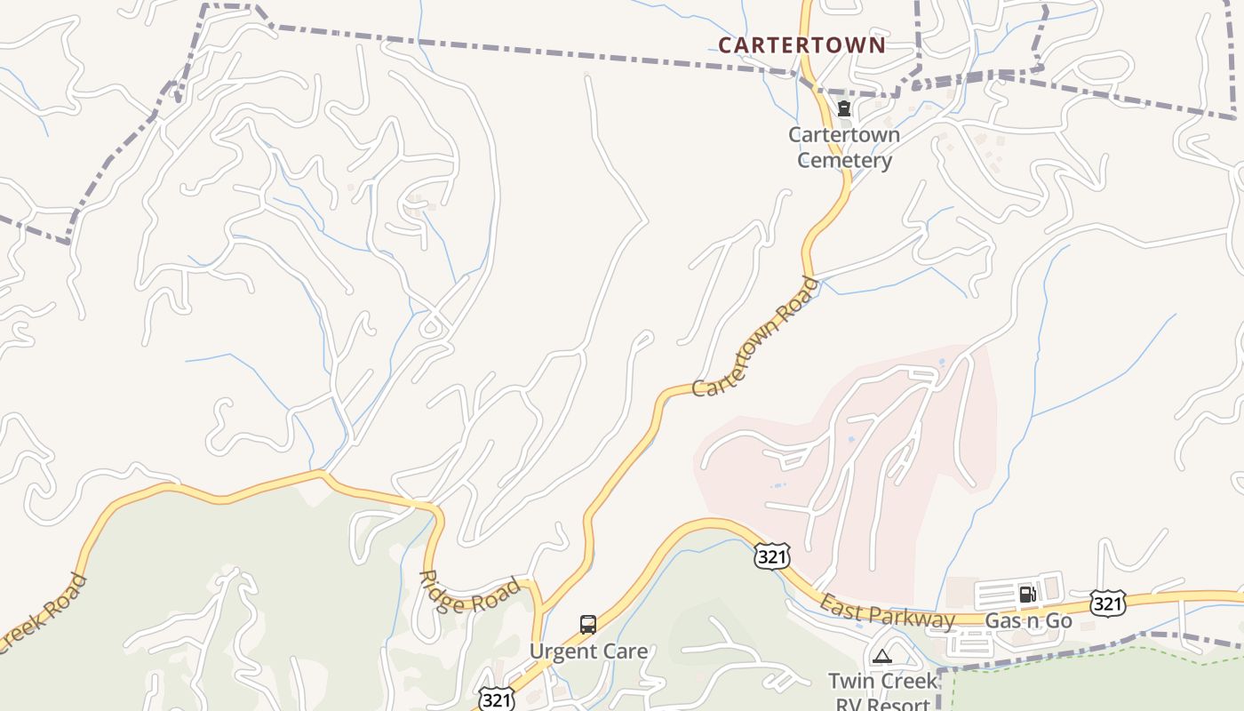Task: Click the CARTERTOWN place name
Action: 801,44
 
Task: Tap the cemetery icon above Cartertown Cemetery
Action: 843,108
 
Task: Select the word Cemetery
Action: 844,161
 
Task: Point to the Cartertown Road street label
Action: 755,338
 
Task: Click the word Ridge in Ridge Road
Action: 441,591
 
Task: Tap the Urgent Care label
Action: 588,651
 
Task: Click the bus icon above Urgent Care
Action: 587,624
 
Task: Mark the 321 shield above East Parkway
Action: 770,555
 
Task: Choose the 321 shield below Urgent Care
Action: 496,699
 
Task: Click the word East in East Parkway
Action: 840,610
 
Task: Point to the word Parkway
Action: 911,617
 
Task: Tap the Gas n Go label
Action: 1029,620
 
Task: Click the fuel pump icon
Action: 1026,594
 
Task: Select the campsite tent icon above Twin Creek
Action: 881,657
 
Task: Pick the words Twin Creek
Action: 882,681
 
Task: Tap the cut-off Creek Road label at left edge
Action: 44,613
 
